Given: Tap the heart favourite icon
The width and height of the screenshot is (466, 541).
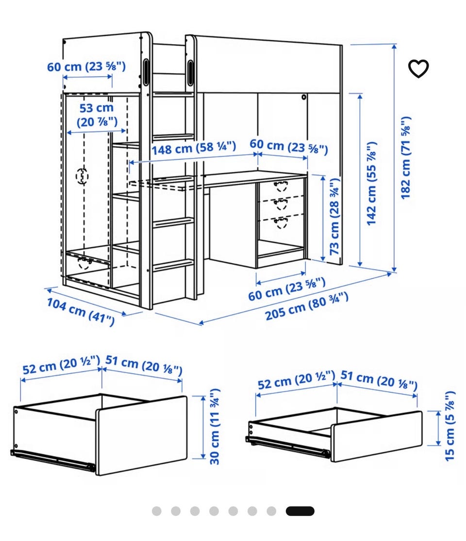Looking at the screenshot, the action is (x=418, y=68).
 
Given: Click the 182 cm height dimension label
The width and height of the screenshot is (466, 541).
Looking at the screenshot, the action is (x=405, y=158).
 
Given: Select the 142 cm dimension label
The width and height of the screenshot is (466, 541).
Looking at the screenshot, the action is (x=371, y=183).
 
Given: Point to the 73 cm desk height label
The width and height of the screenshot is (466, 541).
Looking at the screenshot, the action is (x=334, y=216).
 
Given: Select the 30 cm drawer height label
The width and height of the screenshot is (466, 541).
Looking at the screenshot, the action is (x=215, y=427).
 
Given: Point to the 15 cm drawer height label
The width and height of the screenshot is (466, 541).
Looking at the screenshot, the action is (x=449, y=426).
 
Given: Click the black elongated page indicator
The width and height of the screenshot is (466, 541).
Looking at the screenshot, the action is (x=300, y=511).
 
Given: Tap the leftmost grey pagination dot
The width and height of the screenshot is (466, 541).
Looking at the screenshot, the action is (x=156, y=511).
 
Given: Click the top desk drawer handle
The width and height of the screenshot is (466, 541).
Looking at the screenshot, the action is (x=281, y=186).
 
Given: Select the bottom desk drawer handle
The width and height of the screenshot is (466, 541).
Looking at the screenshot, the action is (x=281, y=223).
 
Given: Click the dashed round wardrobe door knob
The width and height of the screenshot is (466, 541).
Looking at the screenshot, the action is (x=82, y=176).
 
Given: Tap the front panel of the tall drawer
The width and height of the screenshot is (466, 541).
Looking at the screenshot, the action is (x=142, y=436).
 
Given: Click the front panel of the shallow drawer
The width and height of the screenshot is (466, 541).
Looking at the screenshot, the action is (x=377, y=436).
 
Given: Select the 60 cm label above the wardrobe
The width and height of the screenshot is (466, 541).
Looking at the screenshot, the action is (x=86, y=66).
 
